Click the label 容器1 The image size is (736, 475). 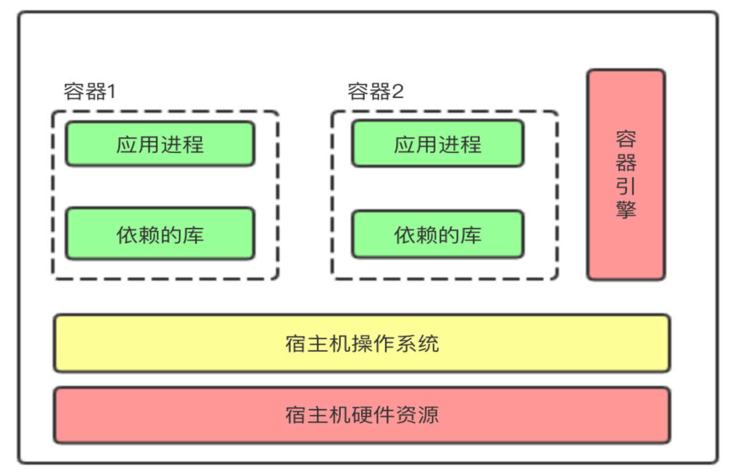89,92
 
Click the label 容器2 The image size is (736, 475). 375,92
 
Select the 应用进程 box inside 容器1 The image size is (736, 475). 160,144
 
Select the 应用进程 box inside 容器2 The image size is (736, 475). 438,144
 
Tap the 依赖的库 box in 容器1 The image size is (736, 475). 160,234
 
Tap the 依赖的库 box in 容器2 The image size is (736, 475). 438,235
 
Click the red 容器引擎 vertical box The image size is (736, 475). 626,174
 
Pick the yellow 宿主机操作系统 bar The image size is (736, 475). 362,343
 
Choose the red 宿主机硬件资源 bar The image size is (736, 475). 362,415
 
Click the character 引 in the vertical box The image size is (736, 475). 626,186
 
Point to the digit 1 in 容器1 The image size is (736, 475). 111,92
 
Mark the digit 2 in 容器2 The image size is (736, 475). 397,92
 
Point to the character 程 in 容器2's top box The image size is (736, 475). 471,144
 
